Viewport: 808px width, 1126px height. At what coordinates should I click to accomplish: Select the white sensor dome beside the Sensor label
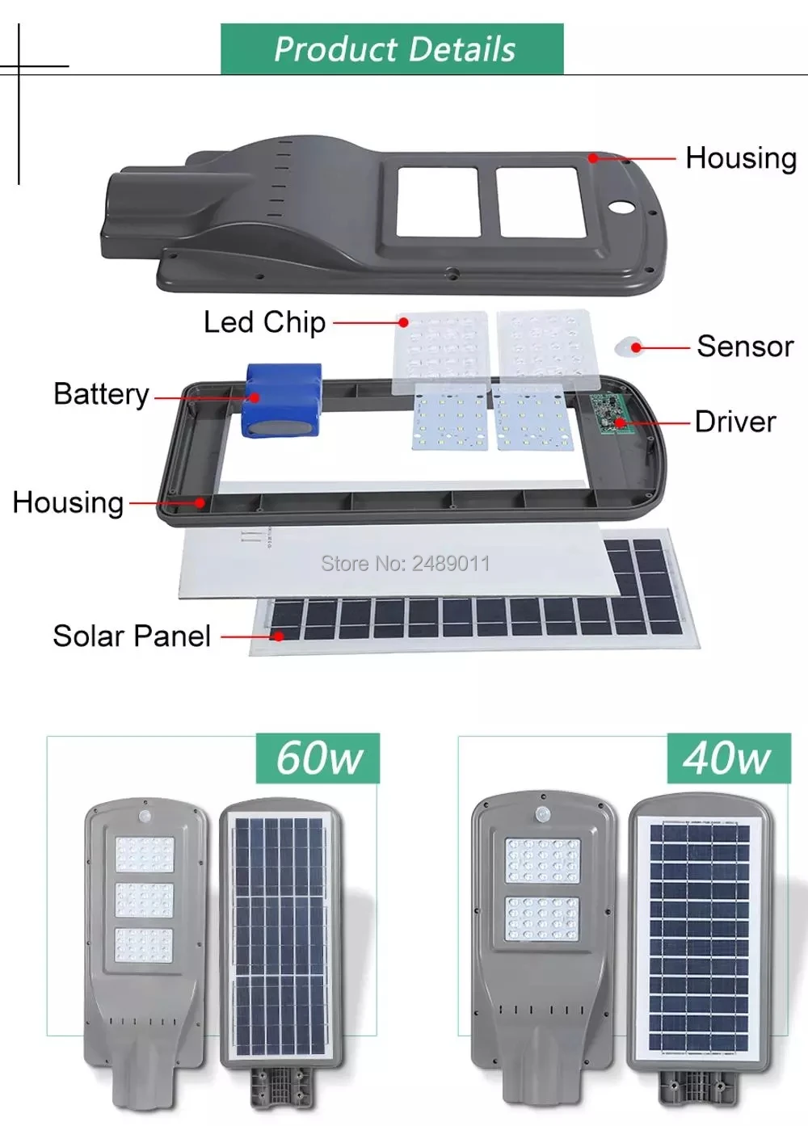coord(630,348)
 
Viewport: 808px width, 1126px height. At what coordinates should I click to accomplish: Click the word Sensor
coord(745,347)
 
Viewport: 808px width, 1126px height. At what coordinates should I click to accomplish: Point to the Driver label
coord(735,422)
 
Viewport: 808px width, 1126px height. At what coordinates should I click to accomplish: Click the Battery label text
coord(101,394)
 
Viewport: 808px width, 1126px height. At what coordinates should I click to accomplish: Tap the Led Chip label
coord(264,322)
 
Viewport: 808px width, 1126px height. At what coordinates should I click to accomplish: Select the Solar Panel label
coord(132,636)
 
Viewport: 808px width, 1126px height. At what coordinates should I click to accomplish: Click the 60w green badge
coord(318,758)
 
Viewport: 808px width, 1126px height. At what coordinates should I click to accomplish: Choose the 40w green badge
coord(728,758)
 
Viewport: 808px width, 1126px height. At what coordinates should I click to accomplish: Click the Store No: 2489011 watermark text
coord(406,563)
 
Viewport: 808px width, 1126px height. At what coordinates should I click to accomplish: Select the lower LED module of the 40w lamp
coord(543,918)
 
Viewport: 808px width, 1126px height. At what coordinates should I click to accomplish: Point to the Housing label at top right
coord(741,158)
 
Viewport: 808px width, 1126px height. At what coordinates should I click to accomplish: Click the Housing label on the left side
coord(68,502)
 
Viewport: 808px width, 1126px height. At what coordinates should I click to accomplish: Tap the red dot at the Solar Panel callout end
coord(279,637)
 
